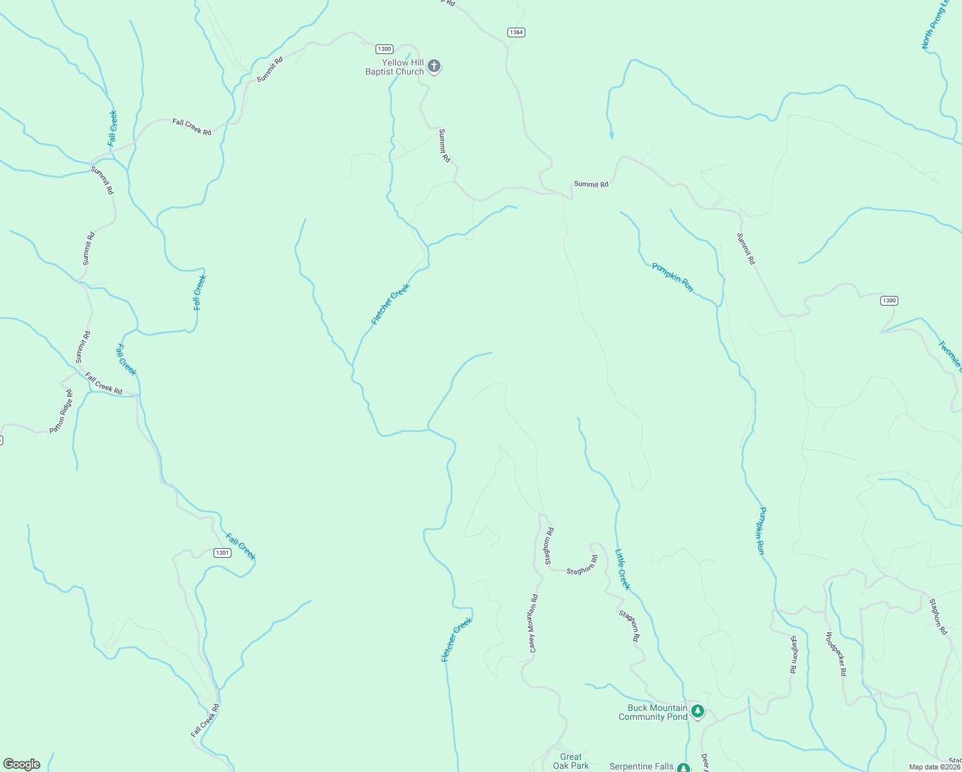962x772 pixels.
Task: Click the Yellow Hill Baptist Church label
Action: (394, 68)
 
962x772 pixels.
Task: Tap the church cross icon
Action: (434, 66)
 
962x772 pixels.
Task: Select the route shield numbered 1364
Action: (516, 32)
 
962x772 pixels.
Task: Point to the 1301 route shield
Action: (222, 553)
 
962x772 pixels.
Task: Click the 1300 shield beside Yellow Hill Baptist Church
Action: (384, 49)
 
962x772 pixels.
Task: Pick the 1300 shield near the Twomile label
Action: (889, 300)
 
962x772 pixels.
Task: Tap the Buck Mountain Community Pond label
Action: (653, 712)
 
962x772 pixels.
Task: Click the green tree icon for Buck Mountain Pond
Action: (698, 712)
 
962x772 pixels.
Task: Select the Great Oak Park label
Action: (570, 761)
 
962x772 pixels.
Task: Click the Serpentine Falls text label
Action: (641, 766)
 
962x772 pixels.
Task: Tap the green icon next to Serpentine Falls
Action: (683, 767)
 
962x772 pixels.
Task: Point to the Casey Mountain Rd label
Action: (533, 623)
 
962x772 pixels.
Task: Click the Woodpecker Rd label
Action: (835, 654)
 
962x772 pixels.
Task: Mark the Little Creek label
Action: (622, 569)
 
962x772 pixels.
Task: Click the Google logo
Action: (21, 764)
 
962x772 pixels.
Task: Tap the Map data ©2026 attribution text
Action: (934, 767)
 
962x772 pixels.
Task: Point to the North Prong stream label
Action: (936, 24)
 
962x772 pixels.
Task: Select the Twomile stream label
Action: (950, 356)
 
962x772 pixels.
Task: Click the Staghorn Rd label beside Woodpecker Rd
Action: (794, 654)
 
